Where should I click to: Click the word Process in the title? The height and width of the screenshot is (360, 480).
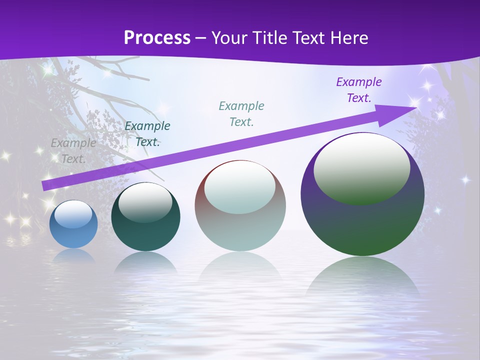coord(157,37)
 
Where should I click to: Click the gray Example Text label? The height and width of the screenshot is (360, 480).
coord(73,150)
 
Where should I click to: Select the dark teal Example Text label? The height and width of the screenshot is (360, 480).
coord(147,134)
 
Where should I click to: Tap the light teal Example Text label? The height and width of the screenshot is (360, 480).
coord(241,113)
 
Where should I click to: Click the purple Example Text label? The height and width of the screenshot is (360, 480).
coord(358,89)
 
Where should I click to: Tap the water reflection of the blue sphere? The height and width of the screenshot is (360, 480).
coord(73,256)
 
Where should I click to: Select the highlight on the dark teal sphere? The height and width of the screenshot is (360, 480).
coord(145,201)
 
